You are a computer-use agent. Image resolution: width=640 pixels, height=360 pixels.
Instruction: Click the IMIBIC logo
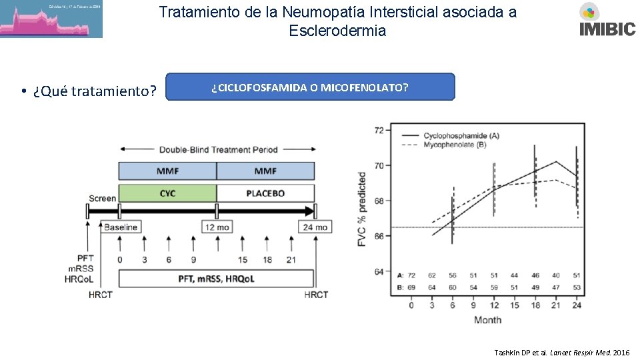pyautogui.click(x=607, y=20)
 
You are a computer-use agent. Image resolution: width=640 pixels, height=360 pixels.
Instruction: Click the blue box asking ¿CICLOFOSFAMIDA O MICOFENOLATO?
pyautogui.click(x=310, y=87)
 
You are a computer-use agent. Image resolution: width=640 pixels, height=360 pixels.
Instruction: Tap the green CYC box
pyautogui.click(x=167, y=193)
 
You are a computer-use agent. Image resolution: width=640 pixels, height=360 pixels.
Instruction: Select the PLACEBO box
pyautogui.click(x=265, y=193)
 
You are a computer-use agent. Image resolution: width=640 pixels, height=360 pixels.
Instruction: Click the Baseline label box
pyautogui.click(x=121, y=227)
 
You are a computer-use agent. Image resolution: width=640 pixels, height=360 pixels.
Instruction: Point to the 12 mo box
pyautogui.click(x=217, y=227)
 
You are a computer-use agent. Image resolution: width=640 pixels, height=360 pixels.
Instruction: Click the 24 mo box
pyautogui.click(x=315, y=227)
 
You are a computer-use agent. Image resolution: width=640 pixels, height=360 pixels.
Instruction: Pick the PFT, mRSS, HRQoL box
pyautogui.click(x=216, y=279)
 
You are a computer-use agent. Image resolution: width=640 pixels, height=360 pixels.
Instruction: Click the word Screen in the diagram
pyautogui.click(x=102, y=198)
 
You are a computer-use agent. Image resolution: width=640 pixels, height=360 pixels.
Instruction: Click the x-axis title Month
pyautogui.click(x=487, y=320)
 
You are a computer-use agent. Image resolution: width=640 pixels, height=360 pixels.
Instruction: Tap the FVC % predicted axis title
pyautogui.click(x=363, y=209)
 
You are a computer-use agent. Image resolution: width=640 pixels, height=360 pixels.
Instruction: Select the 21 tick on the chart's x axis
pyautogui.click(x=556, y=305)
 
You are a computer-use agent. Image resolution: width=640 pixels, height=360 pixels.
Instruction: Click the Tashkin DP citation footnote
pyautogui.click(x=561, y=351)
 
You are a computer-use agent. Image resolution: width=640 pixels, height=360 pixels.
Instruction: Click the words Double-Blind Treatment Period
pyautogui.click(x=218, y=149)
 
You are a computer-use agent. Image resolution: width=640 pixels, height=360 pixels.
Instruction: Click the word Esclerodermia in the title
pyautogui.click(x=337, y=31)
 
